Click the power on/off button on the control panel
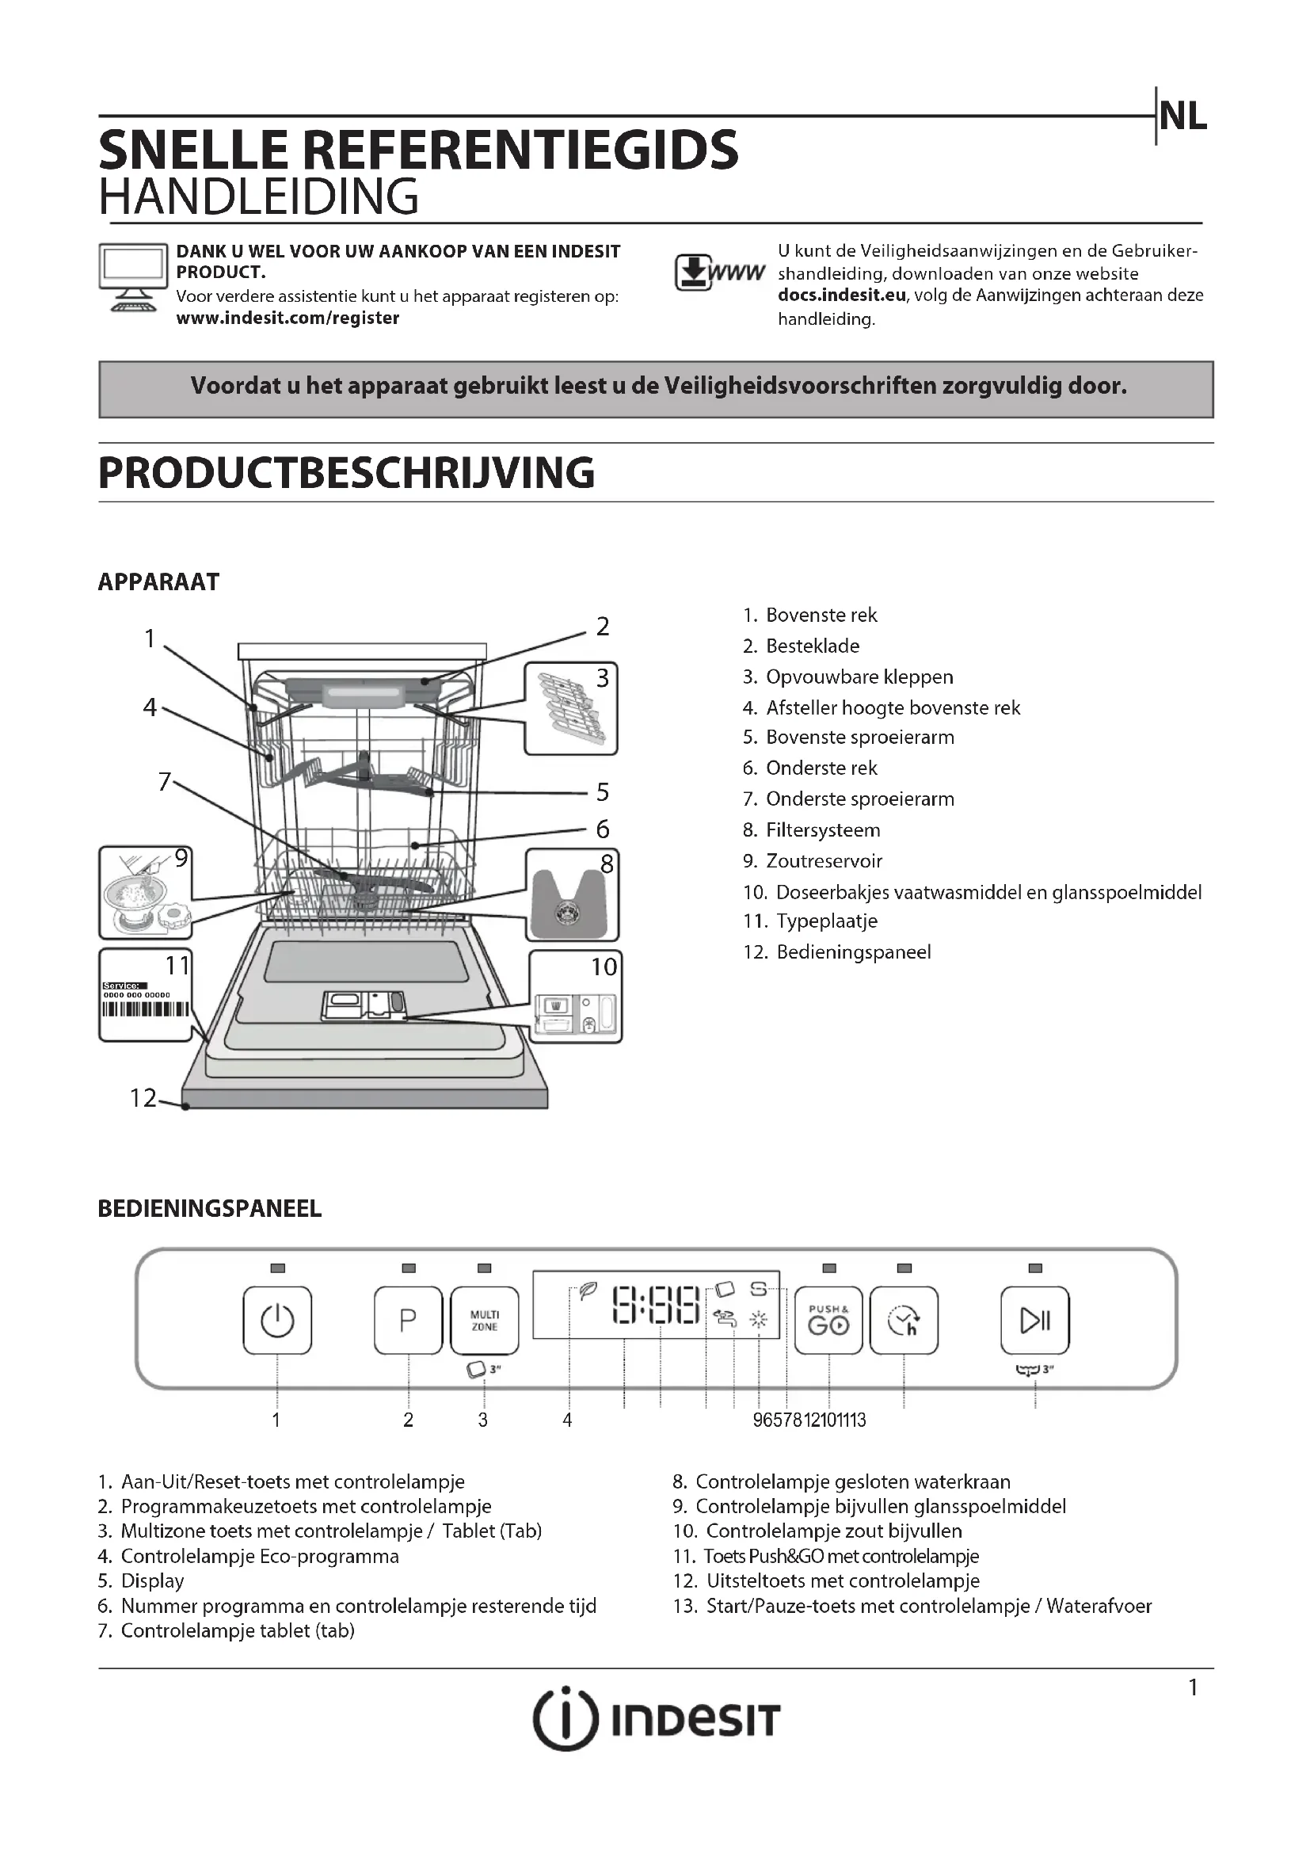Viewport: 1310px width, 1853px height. [276, 1321]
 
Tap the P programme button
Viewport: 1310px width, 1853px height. [408, 1321]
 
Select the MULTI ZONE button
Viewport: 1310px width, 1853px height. [484, 1321]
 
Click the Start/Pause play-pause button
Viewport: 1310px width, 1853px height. [1034, 1321]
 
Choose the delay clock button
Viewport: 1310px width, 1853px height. [904, 1321]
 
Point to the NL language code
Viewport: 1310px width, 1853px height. [1182, 118]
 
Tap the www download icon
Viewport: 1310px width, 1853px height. [718, 273]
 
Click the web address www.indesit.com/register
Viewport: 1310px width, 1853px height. [288, 318]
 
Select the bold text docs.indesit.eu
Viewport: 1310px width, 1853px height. [841, 295]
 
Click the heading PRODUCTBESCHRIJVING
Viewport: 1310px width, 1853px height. [346, 473]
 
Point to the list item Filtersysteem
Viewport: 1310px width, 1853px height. [822, 829]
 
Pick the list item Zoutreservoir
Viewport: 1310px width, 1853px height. [824, 860]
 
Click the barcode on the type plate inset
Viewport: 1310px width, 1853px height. [145, 1009]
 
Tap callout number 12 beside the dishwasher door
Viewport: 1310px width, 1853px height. [143, 1097]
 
